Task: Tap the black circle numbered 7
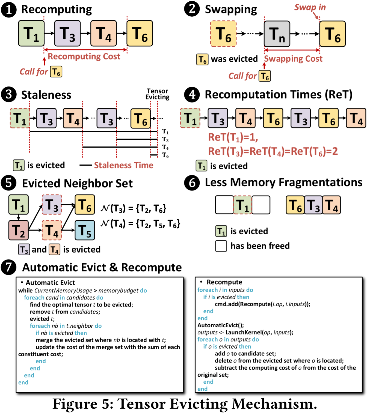click(x=8, y=267)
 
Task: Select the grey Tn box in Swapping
click(x=277, y=34)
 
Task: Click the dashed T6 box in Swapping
click(x=223, y=34)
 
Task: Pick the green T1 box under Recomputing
click(x=31, y=33)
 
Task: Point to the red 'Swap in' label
click(x=310, y=7)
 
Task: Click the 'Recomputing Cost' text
click(x=84, y=56)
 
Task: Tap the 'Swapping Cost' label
click(x=293, y=59)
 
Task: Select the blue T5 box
click(x=85, y=230)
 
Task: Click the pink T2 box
click(x=18, y=230)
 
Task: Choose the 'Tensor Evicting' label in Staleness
click(x=157, y=94)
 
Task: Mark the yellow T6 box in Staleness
click(x=140, y=118)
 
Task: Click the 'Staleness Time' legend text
click(x=123, y=165)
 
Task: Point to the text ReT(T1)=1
click(x=233, y=137)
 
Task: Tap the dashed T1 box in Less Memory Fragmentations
click(x=242, y=205)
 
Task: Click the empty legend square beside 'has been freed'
click(x=221, y=246)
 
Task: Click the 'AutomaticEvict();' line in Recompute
click(x=221, y=325)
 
